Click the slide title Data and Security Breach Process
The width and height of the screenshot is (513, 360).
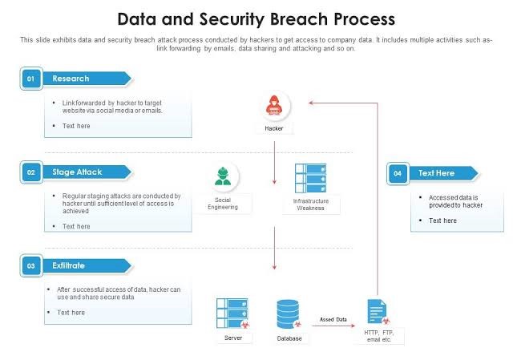point(256,18)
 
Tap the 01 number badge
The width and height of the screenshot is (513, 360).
point(30,79)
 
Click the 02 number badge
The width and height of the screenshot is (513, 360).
point(30,172)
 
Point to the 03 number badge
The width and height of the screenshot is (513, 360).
point(30,265)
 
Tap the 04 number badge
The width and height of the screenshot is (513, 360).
point(398,173)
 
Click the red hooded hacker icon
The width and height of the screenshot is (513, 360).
point(275,106)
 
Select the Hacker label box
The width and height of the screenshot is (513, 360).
point(274,128)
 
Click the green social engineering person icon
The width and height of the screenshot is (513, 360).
point(223,175)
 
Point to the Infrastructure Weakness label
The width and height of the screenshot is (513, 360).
point(310,204)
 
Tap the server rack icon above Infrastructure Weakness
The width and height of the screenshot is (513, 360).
point(310,177)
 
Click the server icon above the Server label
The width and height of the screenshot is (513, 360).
point(232,313)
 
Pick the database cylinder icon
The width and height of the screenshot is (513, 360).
point(289,314)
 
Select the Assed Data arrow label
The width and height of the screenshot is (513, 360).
point(333,319)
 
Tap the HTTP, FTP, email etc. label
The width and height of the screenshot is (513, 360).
point(378,335)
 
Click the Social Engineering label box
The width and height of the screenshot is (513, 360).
point(223,204)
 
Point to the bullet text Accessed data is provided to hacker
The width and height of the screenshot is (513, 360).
point(454,201)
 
